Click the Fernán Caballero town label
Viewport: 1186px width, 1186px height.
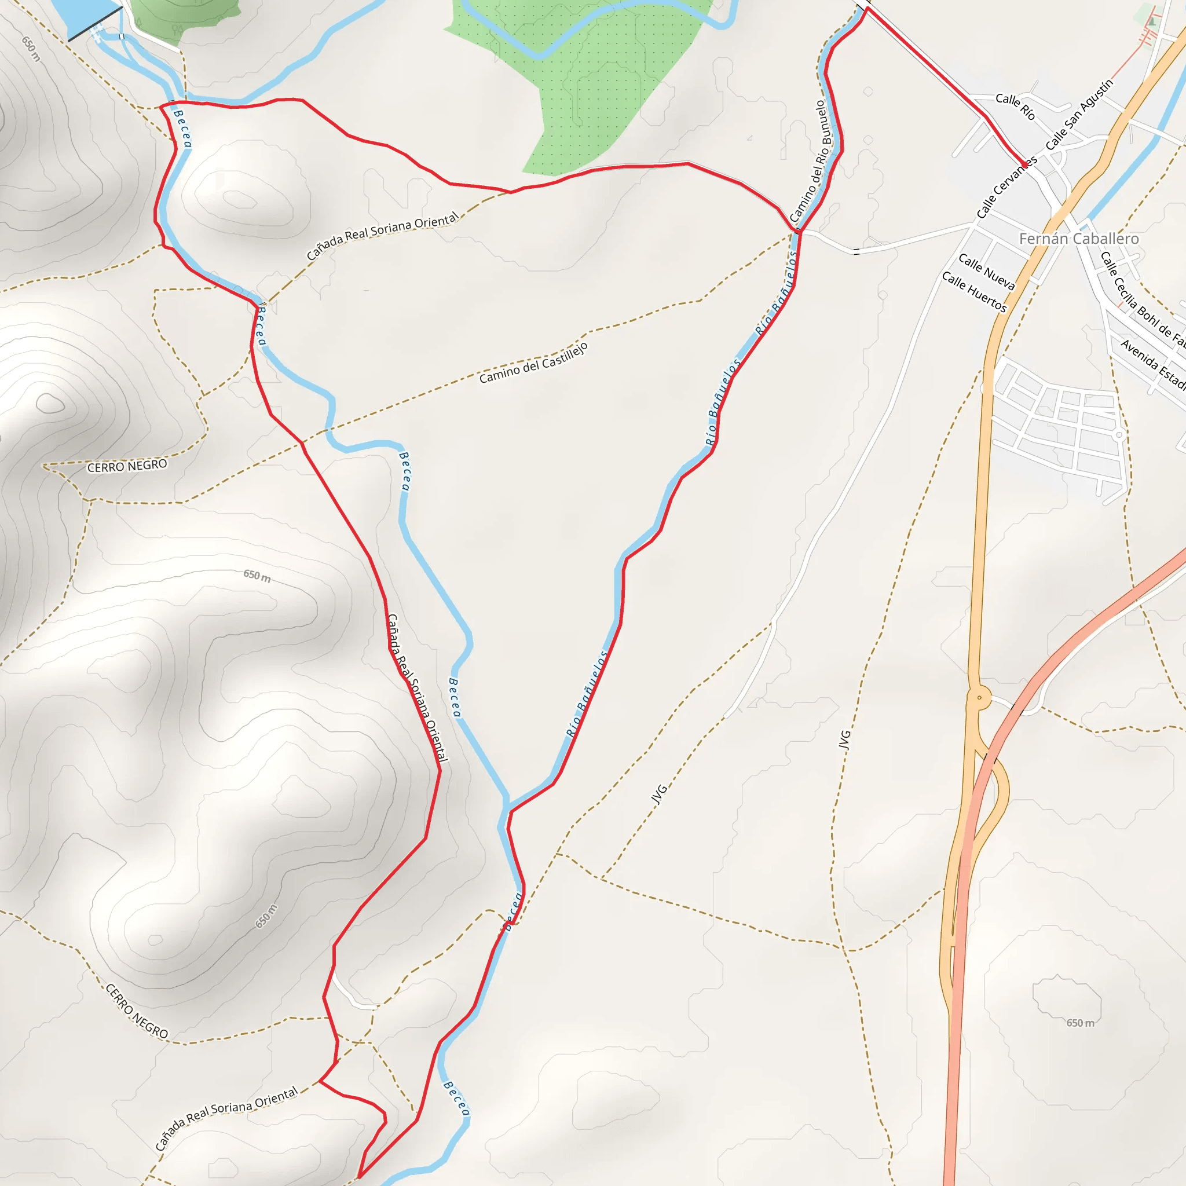point(1078,239)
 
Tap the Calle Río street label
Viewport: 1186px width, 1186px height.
point(1015,106)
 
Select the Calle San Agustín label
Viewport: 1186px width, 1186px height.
point(1078,115)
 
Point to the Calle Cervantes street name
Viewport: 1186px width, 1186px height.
point(1006,187)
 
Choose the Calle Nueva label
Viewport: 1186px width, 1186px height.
point(986,272)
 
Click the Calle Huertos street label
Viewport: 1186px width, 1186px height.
point(974,292)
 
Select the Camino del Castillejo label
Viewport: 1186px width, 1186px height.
point(533,363)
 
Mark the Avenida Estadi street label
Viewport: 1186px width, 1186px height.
point(1153,364)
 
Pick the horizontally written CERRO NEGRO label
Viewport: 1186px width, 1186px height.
point(127,467)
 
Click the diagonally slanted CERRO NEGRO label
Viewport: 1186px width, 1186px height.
point(136,1011)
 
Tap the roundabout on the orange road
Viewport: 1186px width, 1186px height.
point(980,697)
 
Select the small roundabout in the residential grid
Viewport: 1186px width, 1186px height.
point(1119,435)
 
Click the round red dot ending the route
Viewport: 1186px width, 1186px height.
point(1024,165)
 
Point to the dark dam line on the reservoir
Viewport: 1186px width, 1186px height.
point(95,26)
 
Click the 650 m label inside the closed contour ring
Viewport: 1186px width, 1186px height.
point(1080,1023)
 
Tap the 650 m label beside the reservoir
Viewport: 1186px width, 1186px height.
point(31,49)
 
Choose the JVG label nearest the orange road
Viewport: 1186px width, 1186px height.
point(845,740)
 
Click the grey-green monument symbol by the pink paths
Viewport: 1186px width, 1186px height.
point(1152,21)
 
